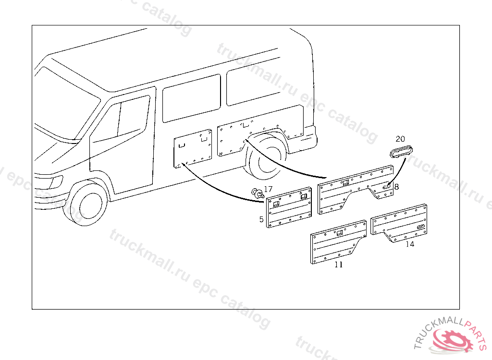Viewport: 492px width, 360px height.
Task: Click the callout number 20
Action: coord(400,139)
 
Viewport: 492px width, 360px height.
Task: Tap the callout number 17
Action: coord(268,190)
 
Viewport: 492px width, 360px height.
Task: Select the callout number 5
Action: coord(261,219)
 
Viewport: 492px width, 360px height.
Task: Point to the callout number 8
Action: coord(396,187)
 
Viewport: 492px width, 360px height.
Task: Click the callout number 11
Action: coord(339,264)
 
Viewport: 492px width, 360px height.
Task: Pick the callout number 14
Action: coord(409,244)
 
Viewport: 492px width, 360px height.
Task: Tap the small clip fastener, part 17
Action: coord(258,194)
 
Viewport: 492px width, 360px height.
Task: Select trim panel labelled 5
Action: coord(288,210)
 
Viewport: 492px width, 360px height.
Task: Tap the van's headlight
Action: coord(55,182)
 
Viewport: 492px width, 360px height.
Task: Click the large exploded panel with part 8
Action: coord(356,190)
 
